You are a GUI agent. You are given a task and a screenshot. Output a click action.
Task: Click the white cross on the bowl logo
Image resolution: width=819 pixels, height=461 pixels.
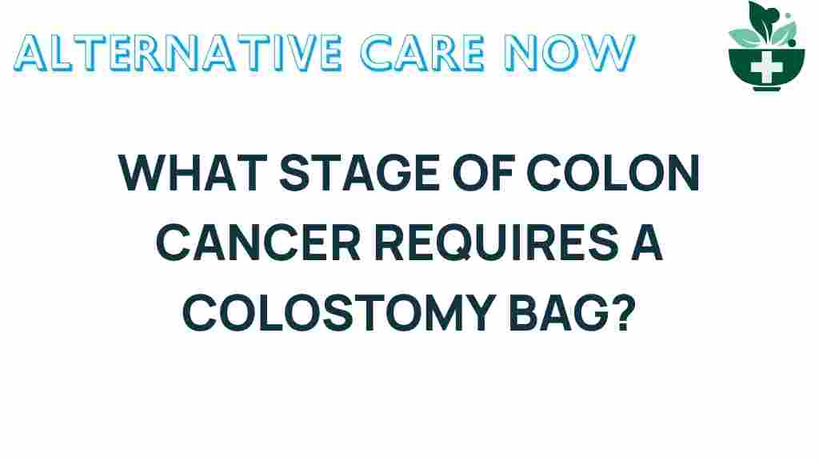766,66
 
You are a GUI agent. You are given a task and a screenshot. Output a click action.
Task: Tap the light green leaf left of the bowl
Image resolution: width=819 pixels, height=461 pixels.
743,36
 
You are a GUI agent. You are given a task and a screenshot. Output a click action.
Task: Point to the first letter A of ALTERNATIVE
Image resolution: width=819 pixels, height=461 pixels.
30,52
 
